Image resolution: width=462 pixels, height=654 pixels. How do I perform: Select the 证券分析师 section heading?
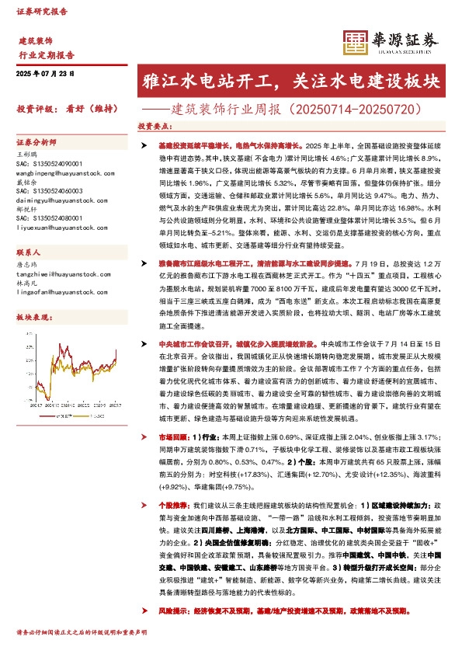36,143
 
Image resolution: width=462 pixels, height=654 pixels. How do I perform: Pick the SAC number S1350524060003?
49,190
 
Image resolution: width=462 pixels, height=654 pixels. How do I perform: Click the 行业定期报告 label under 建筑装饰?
46,55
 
